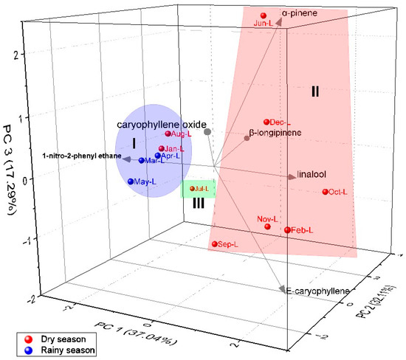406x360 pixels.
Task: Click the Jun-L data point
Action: click(264, 15)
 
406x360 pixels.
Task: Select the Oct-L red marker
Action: click(326, 193)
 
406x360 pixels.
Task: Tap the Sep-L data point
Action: click(215, 243)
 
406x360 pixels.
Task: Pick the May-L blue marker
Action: click(131, 181)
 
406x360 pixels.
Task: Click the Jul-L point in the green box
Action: click(193, 189)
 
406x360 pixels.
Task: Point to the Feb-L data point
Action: click(287, 230)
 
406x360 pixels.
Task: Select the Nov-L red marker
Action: click(268, 226)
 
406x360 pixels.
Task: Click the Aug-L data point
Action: click(168, 134)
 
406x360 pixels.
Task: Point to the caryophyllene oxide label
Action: click(162, 124)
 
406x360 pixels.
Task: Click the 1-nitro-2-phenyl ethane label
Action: click(78, 158)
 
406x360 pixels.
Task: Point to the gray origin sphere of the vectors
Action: click(207, 131)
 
